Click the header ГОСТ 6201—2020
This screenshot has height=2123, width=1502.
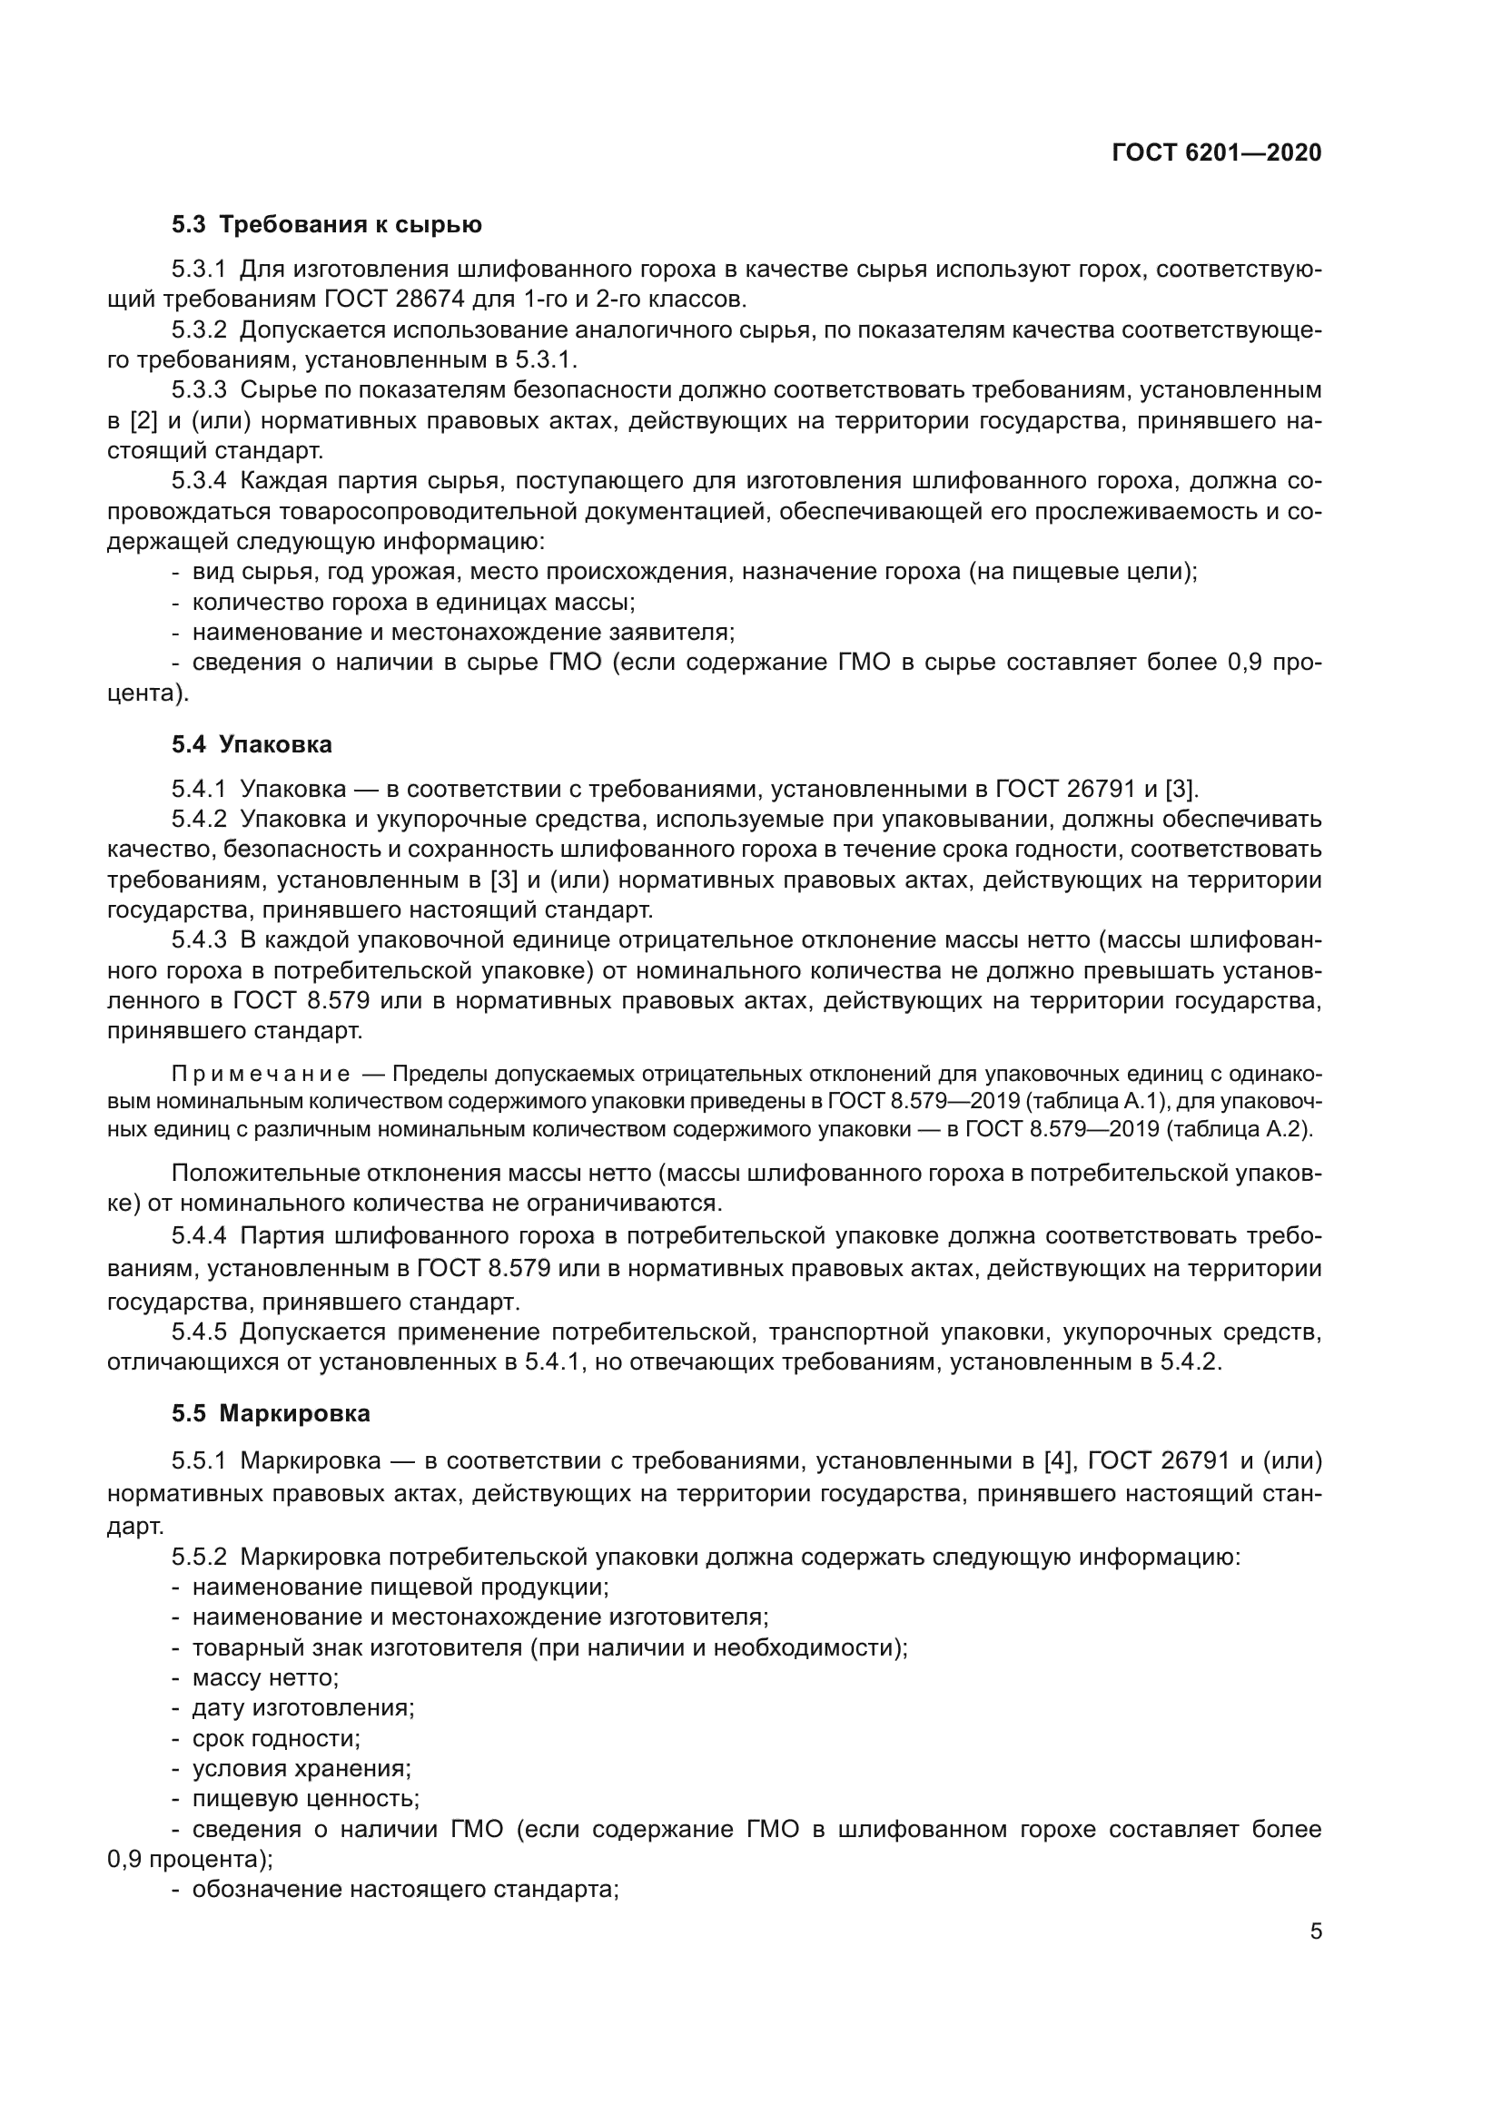(1216, 153)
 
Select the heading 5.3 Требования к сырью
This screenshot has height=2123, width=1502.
(327, 225)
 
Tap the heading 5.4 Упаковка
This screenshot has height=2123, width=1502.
(252, 744)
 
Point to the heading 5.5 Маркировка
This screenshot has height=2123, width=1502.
(270, 1413)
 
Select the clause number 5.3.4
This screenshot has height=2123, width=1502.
(199, 481)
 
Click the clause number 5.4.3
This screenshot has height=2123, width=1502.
(199, 940)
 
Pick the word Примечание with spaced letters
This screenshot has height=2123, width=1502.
(261, 1075)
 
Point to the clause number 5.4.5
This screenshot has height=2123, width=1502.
(199, 1332)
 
